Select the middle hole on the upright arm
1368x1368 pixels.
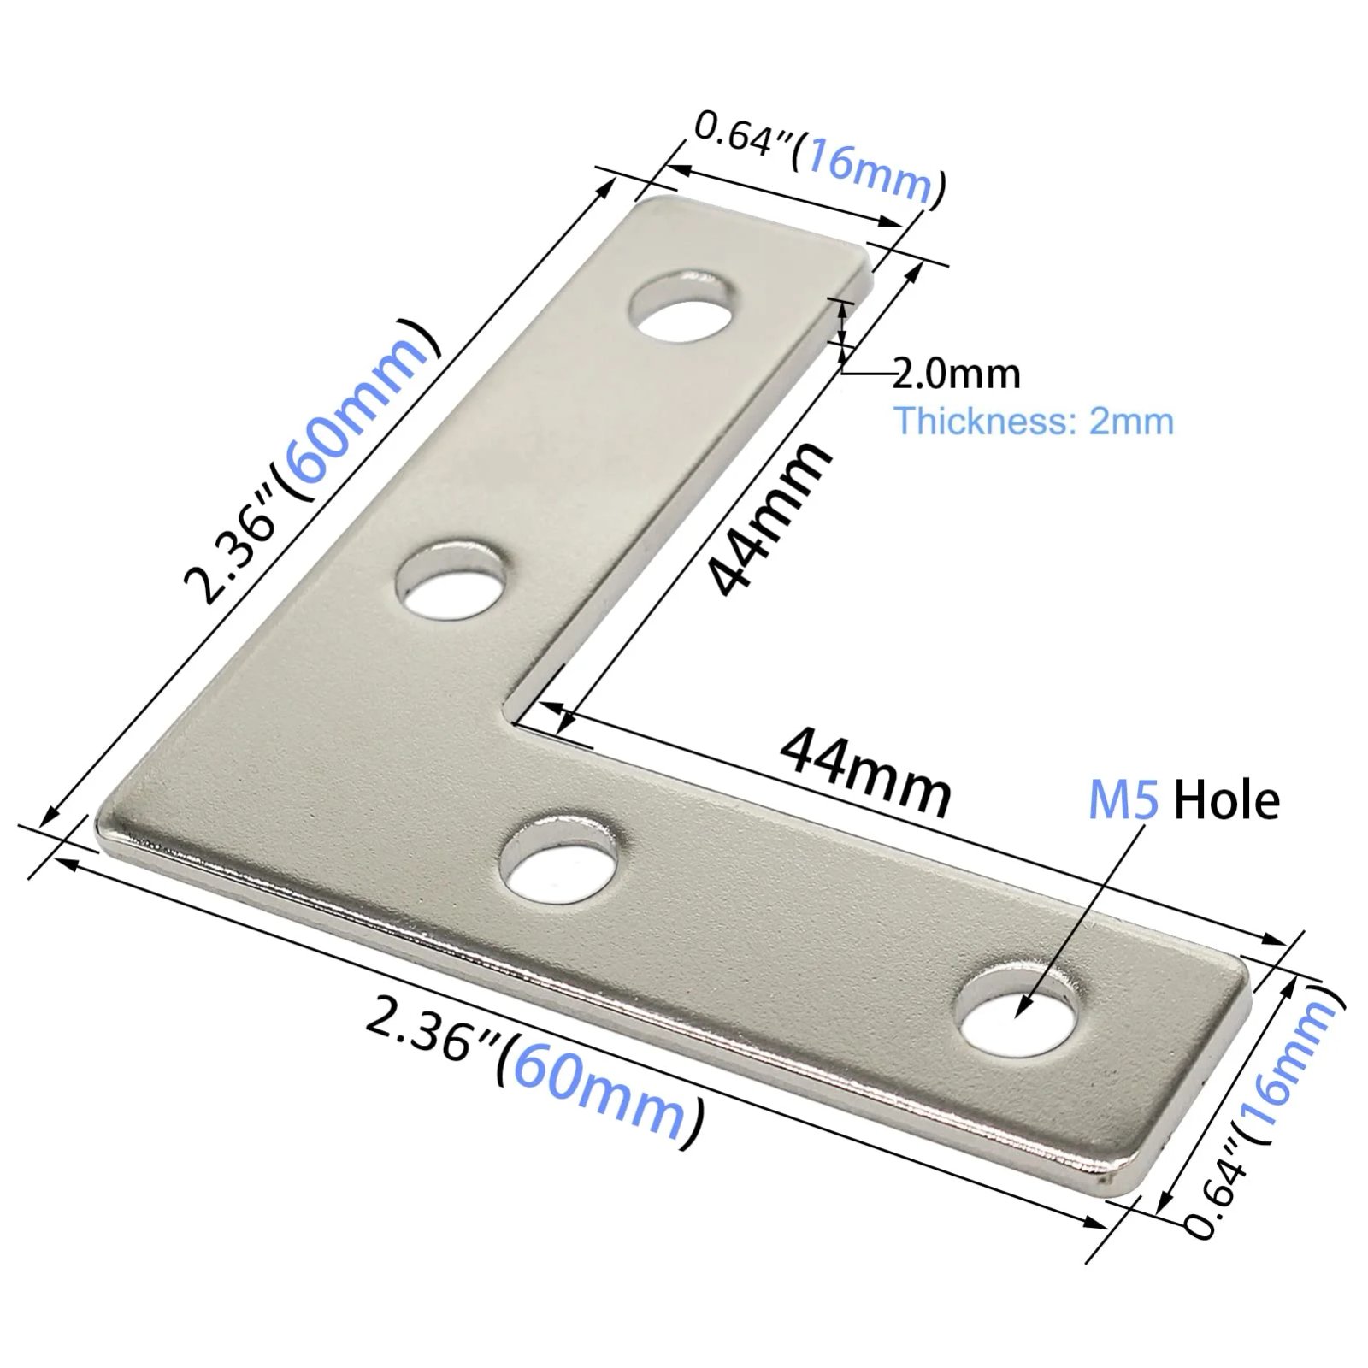[449, 581]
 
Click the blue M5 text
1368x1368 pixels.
[1123, 801]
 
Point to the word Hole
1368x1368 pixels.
[1227, 801]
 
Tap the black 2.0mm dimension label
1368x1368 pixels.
[957, 374]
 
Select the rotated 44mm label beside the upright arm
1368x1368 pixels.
[767, 520]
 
